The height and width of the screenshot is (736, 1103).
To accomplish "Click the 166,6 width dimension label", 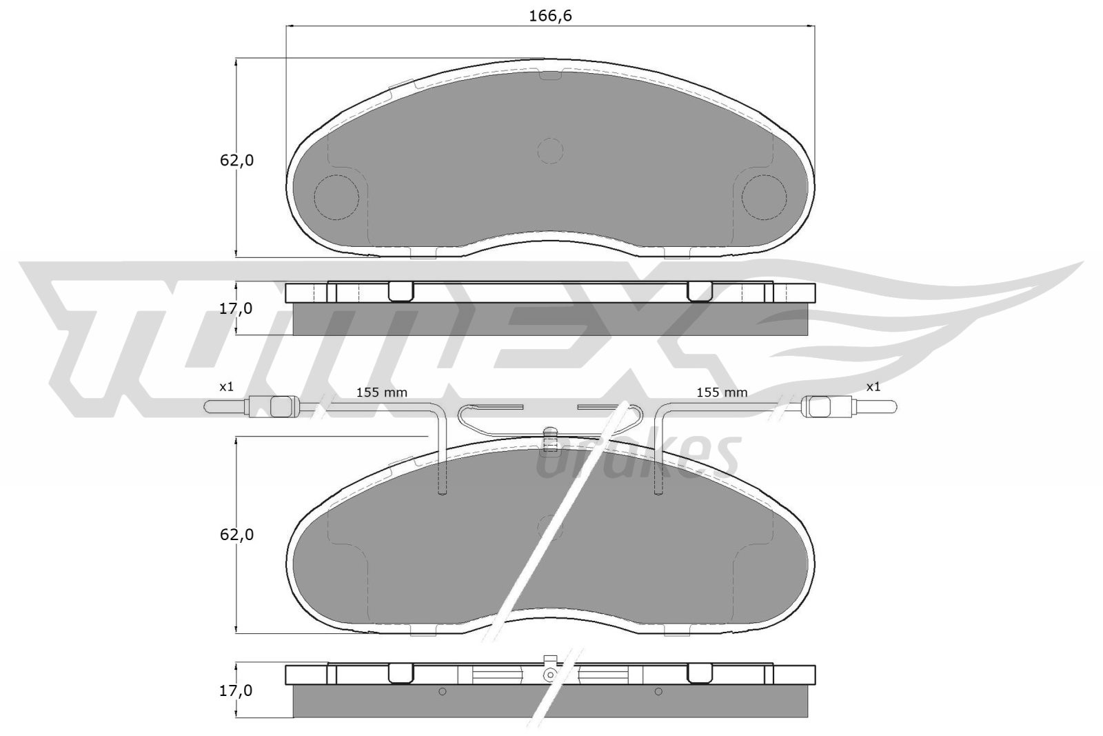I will (550, 16).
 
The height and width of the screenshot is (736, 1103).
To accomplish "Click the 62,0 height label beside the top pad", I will (236, 161).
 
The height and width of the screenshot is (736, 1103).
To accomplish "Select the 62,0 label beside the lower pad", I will (236, 535).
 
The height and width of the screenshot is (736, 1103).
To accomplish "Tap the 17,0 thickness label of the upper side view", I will (236, 309).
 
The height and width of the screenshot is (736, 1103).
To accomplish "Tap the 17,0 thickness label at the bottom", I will (236, 690).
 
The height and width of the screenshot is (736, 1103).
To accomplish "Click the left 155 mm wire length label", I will (381, 392).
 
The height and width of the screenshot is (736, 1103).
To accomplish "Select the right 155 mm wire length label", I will (722, 392).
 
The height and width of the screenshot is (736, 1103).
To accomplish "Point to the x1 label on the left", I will (226, 387).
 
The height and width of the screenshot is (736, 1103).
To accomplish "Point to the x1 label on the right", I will (873, 387).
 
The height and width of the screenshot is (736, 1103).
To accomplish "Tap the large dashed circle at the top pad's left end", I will (336, 197).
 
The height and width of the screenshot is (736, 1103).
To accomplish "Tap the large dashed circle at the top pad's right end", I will (764, 197).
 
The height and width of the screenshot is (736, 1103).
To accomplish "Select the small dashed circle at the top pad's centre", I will (549, 150).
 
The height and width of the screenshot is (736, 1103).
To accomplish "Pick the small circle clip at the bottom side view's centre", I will (550, 674).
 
